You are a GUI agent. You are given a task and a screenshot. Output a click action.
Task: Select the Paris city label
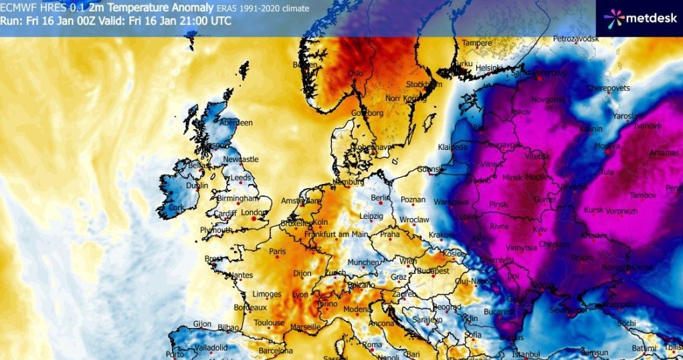pyautogui.click(x=278, y=252)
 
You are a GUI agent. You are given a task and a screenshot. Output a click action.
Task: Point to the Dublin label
pyautogui.click(x=197, y=186)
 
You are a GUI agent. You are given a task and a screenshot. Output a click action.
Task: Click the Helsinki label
pyautogui.click(x=489, y=68)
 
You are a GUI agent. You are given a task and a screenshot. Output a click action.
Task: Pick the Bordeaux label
pyautogui.click(x=251, y=307)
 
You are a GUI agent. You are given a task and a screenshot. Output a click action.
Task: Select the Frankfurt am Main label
pyautogui.click(x=336, y=234)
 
